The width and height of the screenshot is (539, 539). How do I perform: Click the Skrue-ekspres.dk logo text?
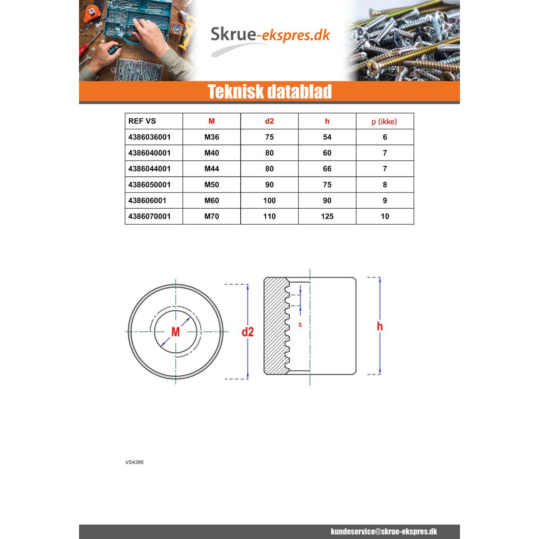270,35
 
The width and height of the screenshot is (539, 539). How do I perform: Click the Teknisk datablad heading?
269,92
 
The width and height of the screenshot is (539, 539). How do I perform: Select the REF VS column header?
142,121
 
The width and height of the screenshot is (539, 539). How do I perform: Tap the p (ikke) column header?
384,121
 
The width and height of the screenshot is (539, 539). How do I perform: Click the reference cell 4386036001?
149,137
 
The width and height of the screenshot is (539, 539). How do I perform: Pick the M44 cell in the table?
212,169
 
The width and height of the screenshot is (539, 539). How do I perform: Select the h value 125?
327,216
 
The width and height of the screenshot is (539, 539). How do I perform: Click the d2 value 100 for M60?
269,201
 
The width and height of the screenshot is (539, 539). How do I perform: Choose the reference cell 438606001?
147,201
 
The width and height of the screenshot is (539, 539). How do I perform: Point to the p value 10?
385,216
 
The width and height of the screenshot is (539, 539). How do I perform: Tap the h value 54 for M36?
327,137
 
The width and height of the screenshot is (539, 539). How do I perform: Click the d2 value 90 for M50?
269,185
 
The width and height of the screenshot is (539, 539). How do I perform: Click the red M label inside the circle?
175,332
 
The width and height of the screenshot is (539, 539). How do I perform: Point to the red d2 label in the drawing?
248,332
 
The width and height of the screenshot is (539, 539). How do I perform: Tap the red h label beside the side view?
380,326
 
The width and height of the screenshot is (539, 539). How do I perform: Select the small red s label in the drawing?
300,325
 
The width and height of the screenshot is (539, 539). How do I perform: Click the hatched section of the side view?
275,326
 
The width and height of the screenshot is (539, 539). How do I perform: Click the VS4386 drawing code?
134,462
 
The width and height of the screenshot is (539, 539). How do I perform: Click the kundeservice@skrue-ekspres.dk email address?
384,531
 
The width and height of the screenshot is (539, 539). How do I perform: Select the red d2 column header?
269,121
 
